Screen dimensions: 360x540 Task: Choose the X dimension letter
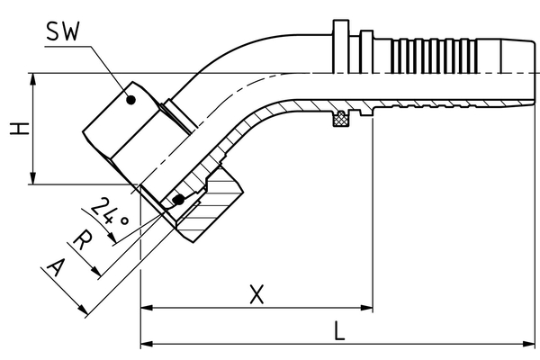pyautogui.click(x=257, y=294)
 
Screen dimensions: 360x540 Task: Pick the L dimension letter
pyautogui.click(x=338, y=330)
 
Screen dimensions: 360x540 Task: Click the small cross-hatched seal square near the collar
pyautogui.click(x=342, y=117)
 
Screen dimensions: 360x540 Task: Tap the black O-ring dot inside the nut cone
pyautogui.click(x=178, y=199)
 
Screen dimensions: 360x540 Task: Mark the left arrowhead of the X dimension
pyautogui.click(x=147, y=308)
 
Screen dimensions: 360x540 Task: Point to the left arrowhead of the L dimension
pyautogui.click(x=147, y=344)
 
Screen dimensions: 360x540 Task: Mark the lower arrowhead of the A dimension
pyautogui.click(x=84, y=310)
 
